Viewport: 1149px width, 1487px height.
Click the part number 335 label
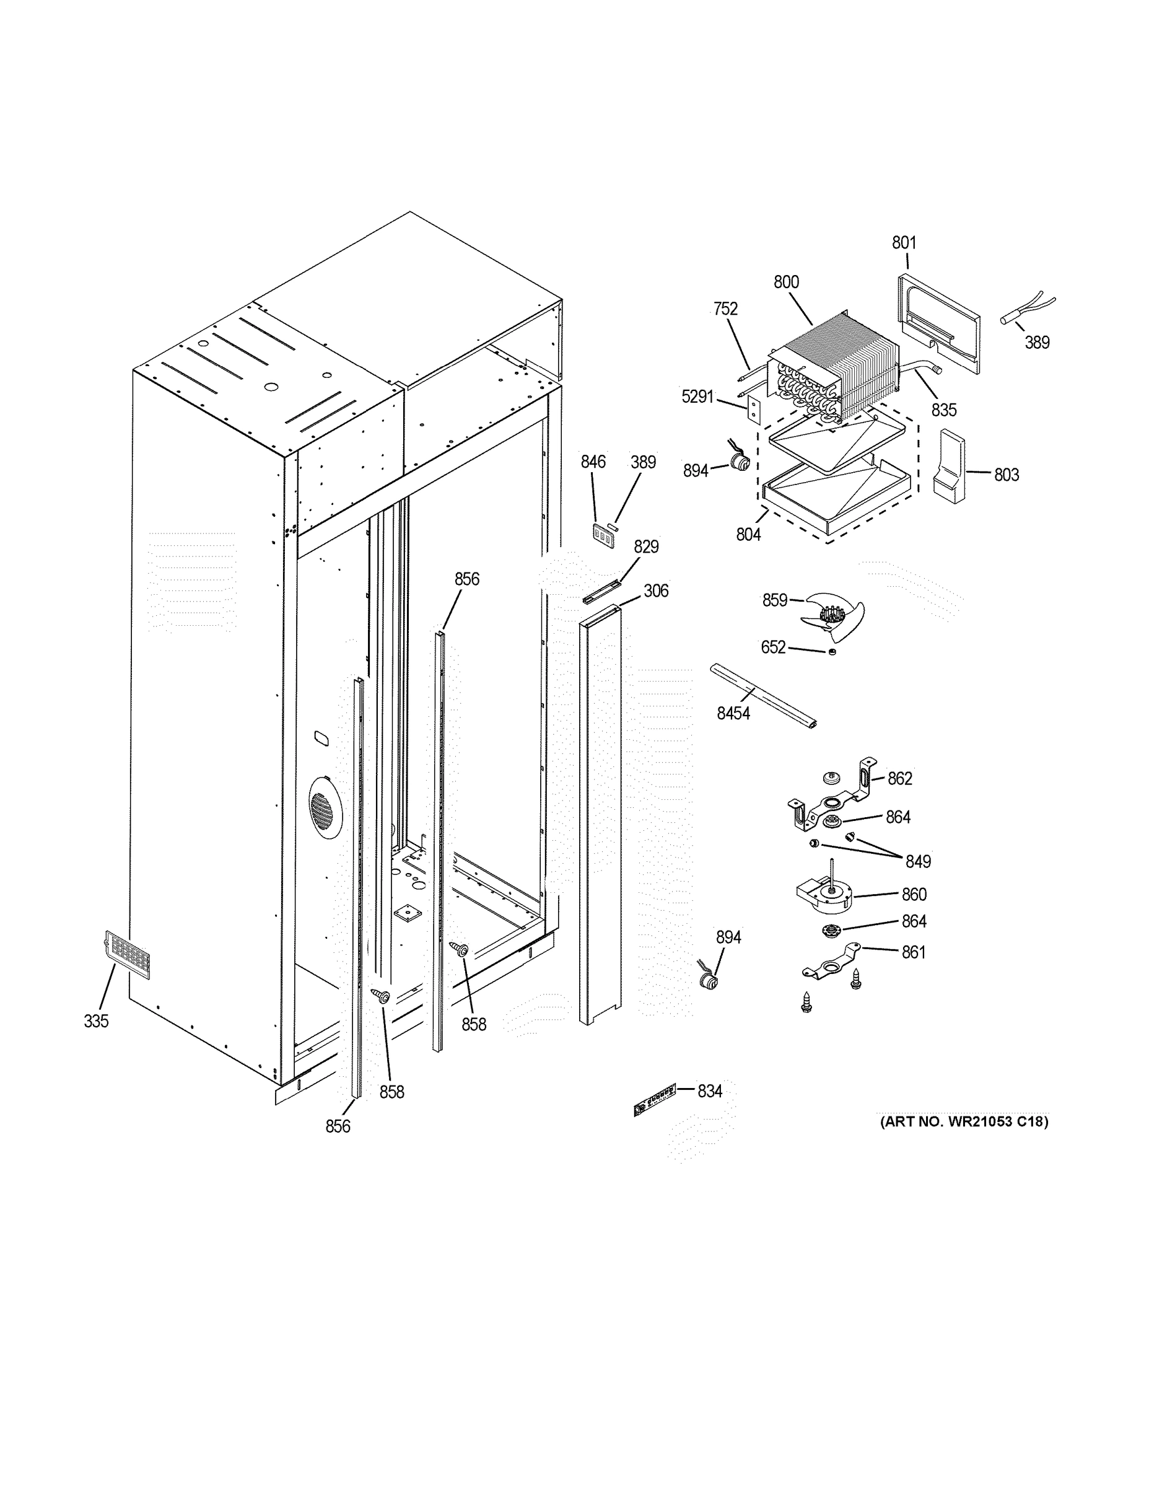click(x=96, y=1021)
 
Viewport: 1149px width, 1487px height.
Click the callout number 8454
click(x=733, y=714)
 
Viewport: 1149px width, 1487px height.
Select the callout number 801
click(x=904, y=243)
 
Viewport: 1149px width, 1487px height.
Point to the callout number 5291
click(x=697, y=397)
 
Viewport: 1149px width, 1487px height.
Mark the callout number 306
click(x=655, y=591)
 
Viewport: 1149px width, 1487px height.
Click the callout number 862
click(x=899, y=779)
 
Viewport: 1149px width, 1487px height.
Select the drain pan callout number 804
click(x=748, y=535)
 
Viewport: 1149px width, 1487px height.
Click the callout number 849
click(x=917, y=862)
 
